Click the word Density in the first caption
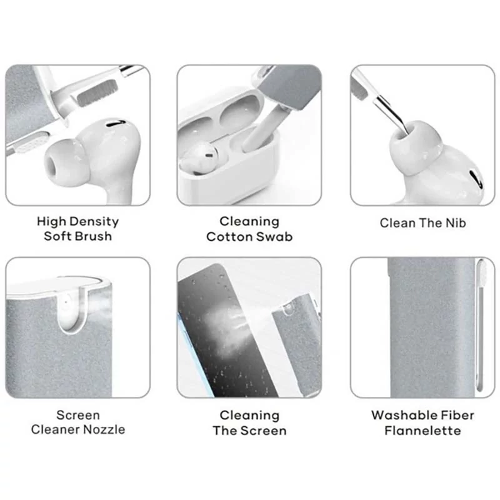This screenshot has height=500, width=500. [x=94, y=222]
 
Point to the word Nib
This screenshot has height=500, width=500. [x=456, y=223]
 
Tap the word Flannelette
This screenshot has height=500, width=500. [x=423, y=431]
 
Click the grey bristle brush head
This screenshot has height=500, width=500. [x=98, y=93]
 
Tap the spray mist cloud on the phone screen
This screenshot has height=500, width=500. [x=225, y=329]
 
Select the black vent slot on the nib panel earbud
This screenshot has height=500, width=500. [x=476, y=179]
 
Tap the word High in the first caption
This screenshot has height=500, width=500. [x=52, y=222]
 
